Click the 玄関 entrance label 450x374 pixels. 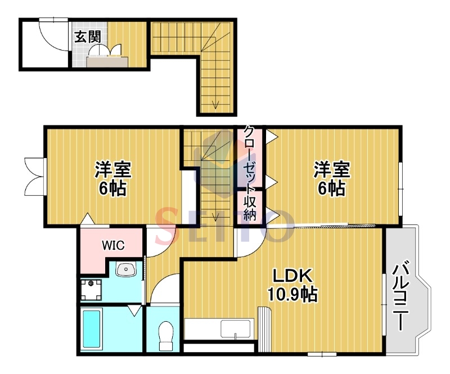[88, 37]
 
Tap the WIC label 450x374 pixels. [114, 245]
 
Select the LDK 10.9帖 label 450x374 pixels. [292, 285]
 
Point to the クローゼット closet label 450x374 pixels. [249, 158]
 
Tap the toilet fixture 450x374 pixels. [166, 336]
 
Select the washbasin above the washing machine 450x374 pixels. [125, 269]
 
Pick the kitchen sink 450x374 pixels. [235, 329]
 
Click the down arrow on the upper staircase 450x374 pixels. [215, 105]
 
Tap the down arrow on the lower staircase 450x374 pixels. [215, 217]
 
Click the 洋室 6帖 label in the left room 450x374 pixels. [113, 178]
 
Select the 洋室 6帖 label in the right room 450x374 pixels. [331, 178]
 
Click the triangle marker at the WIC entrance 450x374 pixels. [88, 219]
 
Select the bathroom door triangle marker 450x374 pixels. [134, 311]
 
